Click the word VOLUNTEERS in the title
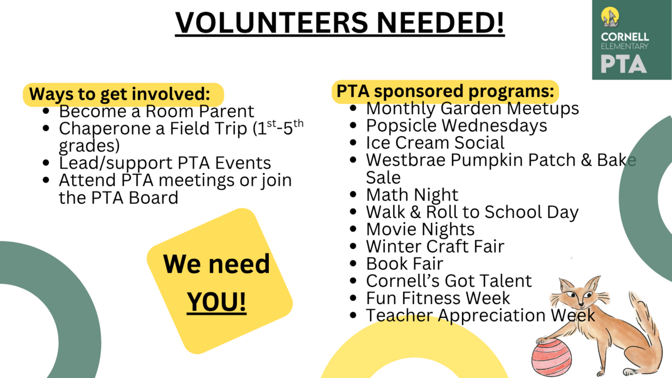click(272, 23)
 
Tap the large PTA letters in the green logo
click(623, 64)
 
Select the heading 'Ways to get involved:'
click(119, 94)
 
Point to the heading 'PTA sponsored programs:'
click(445, 91)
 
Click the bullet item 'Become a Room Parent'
click(156, 111)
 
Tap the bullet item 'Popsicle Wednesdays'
click(456, 125)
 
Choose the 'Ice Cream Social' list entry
click(435, 142)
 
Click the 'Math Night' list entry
click(412, 195)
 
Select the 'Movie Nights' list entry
click(421, 229)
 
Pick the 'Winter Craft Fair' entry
click(435, 246)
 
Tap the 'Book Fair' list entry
click(404, 264)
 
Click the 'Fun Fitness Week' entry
click(438, 298)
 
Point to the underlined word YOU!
click(216, 301)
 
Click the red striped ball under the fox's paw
click(552, 357)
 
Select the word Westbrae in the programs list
click(406, 160)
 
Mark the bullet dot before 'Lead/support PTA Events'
click(46, 163)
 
